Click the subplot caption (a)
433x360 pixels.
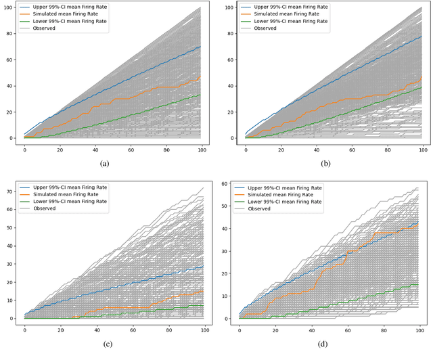pyautogui.click(x=104, y=164)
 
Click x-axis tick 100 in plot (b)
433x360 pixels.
pyautogui.click(x=422, y=149)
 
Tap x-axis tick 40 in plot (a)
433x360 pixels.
pyautogui.click(x=95, y=149)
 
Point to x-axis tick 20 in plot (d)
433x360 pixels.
pyautogui.click(x=275, y=330)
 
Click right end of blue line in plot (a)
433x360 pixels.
pyautogui.click(x=201, y=47)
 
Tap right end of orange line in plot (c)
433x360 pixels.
pyautogui.click(x=202, y=290)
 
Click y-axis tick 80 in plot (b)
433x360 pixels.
pyautogui.click(x=232, y=34)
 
